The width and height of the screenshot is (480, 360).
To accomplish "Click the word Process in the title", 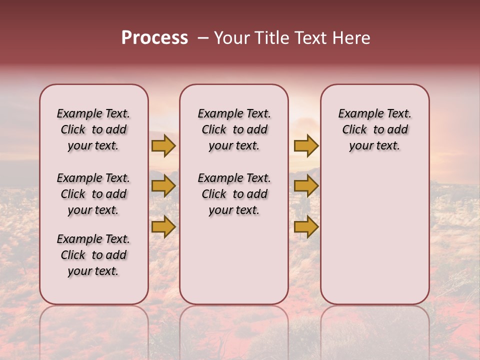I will [x=154, y=38].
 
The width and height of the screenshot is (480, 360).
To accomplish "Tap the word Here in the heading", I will [x=352, y=38].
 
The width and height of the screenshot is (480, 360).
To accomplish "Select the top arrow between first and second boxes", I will [x=163, y=145].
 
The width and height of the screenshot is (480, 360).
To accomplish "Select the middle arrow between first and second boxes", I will [x=163, y=186].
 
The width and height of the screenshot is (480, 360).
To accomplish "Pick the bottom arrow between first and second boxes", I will [x=163, y=227].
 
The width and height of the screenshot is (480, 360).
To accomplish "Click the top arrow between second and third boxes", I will [x=306, y=145].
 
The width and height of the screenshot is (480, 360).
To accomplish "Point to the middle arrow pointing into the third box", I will [x=306, y=186].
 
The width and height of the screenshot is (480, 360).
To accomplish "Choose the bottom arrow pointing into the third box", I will [x=306, y=227].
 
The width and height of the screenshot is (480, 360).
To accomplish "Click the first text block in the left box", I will [x=93, y=129].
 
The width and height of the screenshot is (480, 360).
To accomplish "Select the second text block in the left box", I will [x=93, y=194].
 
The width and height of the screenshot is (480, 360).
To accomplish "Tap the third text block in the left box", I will [x=93, y=255].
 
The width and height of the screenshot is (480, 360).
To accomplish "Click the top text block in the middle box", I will [x=234, y=129].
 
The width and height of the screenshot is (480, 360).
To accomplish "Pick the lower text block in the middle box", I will [x=234, y=194].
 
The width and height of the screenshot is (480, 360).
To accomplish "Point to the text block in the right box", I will [x=375, y=129].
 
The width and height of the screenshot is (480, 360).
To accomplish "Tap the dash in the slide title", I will [x=202, y=38].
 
